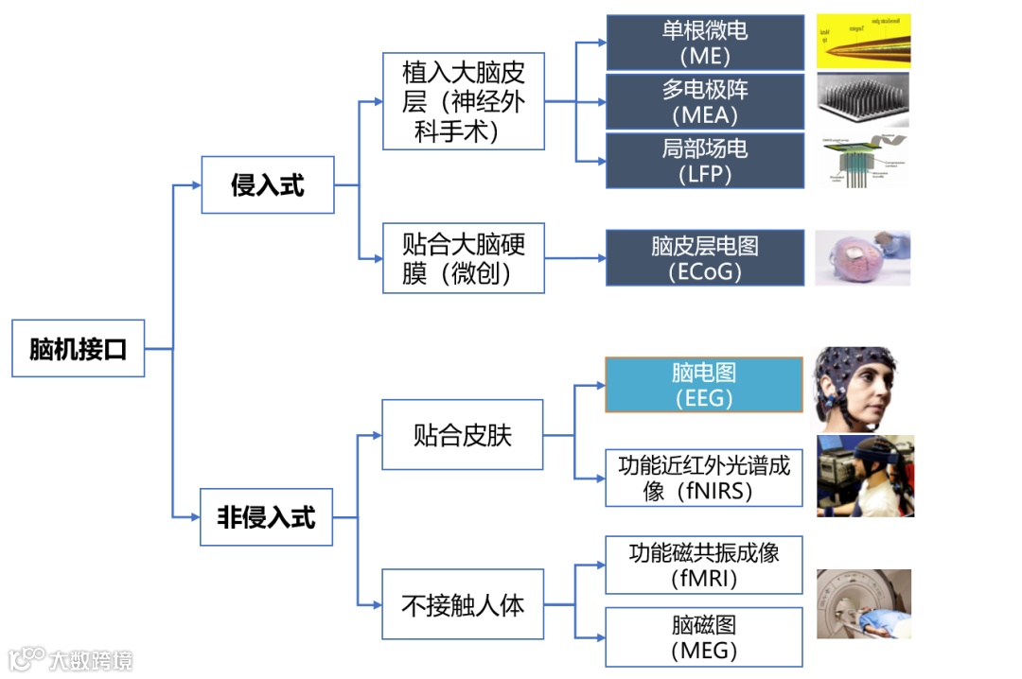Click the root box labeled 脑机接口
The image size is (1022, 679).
(x=78, y=349)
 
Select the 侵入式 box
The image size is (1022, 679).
(x=268, y=184)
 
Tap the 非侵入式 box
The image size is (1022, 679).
(x=266, y=517)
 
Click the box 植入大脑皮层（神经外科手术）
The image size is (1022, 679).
(x=464, y=101)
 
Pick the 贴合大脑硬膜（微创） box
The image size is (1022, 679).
(x=464, y=258)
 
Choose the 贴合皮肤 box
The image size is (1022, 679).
(x=463, y=435)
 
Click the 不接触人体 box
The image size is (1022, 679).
(x=463, y=605)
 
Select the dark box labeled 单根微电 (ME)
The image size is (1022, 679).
(x=704, y=43)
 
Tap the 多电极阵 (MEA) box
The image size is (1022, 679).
(x=704, y=102)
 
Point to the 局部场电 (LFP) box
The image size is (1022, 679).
(x=704, y=161)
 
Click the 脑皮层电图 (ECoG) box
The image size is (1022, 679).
(x=704, y=257)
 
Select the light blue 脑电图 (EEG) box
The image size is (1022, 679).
(x=704, y=385)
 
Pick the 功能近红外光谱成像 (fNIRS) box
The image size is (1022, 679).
(x=704, y=478)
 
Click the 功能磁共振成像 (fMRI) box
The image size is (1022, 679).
(x=704, y=565)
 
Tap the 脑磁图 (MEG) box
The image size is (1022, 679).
(x=704, y=637)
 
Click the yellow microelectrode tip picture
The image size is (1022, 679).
(x=863, y=41)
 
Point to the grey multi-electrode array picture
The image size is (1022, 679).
(x=862, y=99)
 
